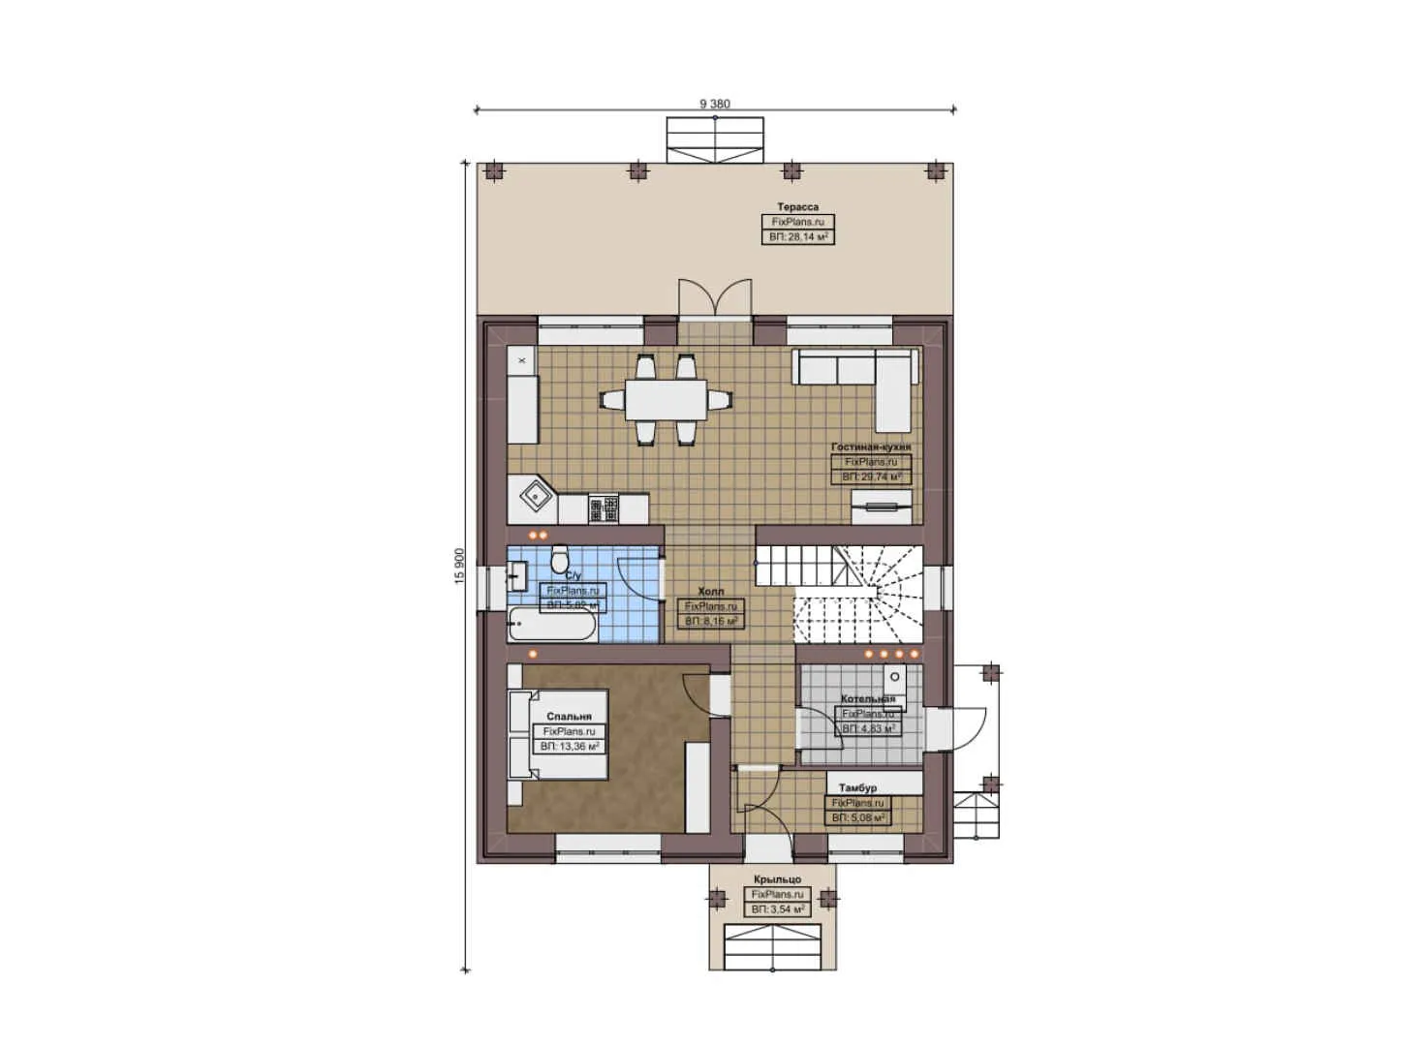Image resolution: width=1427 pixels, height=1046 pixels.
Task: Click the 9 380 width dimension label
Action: coord(714,104)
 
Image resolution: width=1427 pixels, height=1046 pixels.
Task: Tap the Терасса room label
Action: coord(797,207)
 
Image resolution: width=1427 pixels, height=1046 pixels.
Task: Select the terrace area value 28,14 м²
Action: coord(797,236)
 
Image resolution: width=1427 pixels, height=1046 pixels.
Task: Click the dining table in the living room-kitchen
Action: coord(665,399)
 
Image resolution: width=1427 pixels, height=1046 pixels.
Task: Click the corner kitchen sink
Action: coord(535,498)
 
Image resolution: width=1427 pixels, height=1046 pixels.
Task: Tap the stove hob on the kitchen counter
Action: coord(604,508)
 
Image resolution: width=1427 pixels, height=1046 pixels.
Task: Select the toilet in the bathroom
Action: coord(559,561)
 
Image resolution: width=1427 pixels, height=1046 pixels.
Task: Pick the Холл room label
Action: coord(710,592)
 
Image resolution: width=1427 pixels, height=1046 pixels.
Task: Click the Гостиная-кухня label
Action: coord(870,447)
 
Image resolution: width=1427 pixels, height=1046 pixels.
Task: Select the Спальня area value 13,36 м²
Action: coord(570,747)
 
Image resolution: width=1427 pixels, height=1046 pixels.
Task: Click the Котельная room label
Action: coord(867,699)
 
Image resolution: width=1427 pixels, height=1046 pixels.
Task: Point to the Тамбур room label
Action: coord(857,788)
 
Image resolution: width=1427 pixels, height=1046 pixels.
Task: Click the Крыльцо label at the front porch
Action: coord(777,880)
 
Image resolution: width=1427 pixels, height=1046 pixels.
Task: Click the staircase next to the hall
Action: coord(839,594)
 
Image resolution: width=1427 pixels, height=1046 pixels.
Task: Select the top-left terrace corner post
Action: coord(495,171)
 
